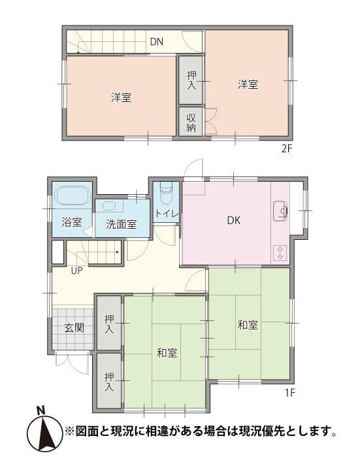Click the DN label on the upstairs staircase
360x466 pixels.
click(x=157, y=42)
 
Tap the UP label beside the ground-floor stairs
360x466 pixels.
click(x=76, y=271)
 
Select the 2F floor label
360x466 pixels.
click(x=287, y=148)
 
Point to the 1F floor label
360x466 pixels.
click(x=289, y=393)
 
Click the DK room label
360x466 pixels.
click(x=234, y=220)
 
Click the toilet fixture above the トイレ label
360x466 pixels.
click(x=166, y=193)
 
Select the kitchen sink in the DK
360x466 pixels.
click(x=280, y=210)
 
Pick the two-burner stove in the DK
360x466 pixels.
click(x=280, y=253)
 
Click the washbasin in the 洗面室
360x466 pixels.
click(x=110, y=206)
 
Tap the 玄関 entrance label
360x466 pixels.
click(x=74, y=328)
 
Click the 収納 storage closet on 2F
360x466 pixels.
click(x=191, y=122)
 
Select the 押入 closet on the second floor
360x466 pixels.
click(x=191, y=80)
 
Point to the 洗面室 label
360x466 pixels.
click(x=121, y=224)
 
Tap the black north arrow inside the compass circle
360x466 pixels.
click(x=45, y=434)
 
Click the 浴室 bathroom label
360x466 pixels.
click(x=72, y=222)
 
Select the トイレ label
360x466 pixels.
click(x=167, y=213)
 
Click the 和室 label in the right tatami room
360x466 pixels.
click(x=248, y=325)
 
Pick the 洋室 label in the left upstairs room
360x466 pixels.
click(x=121, y=97)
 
